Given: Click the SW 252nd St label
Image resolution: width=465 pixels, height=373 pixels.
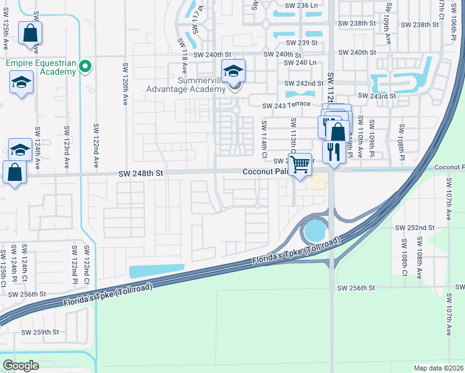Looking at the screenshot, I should (x=417, y=228).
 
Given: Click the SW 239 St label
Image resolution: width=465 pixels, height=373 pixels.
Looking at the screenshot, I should (x=302, y=43).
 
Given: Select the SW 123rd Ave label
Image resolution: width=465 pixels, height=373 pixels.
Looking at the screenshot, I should (x=66, y=148).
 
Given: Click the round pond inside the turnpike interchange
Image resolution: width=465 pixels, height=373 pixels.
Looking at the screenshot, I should (x=314, y=231).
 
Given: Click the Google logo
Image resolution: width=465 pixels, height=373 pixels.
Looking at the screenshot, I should (x=21, y=366).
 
